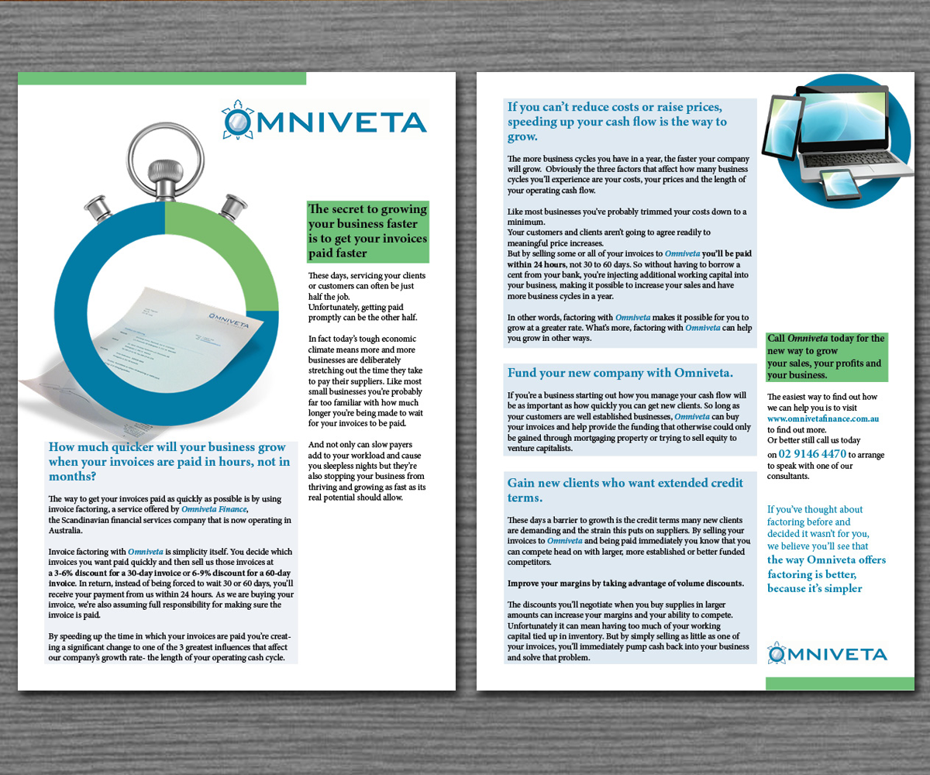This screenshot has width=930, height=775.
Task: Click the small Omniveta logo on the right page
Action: [x=826, y=653]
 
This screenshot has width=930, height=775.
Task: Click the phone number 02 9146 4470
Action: [x=812, y=453]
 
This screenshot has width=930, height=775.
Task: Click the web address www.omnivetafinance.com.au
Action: [x=822, y=418]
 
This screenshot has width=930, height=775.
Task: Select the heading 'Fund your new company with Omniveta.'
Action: [x=620, y=373]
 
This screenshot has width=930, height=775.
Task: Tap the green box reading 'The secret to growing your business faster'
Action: [x=367, y=231]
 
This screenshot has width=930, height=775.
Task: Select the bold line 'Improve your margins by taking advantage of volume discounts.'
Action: [x=625, y=583]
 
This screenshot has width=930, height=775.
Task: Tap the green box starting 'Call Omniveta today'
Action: [x=825, y=356]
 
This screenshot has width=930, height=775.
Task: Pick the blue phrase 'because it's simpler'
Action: [x=815, y=588]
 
